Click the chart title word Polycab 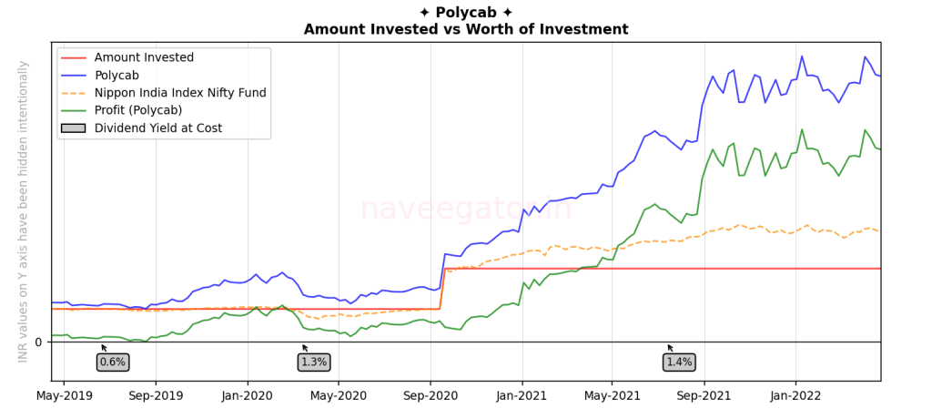465,12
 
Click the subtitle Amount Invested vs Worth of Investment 465,29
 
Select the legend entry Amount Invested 144,57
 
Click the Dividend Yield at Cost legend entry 158,128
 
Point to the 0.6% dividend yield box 112,362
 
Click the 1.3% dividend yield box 313,362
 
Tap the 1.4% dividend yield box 678,362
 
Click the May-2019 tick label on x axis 65,396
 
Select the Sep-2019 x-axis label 156,396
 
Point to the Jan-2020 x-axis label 248,396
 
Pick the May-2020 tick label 338,396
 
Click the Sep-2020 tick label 431,396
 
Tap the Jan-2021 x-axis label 522,396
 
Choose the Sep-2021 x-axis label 704,396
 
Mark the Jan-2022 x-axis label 795,396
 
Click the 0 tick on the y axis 38,342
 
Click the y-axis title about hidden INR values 23,210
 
